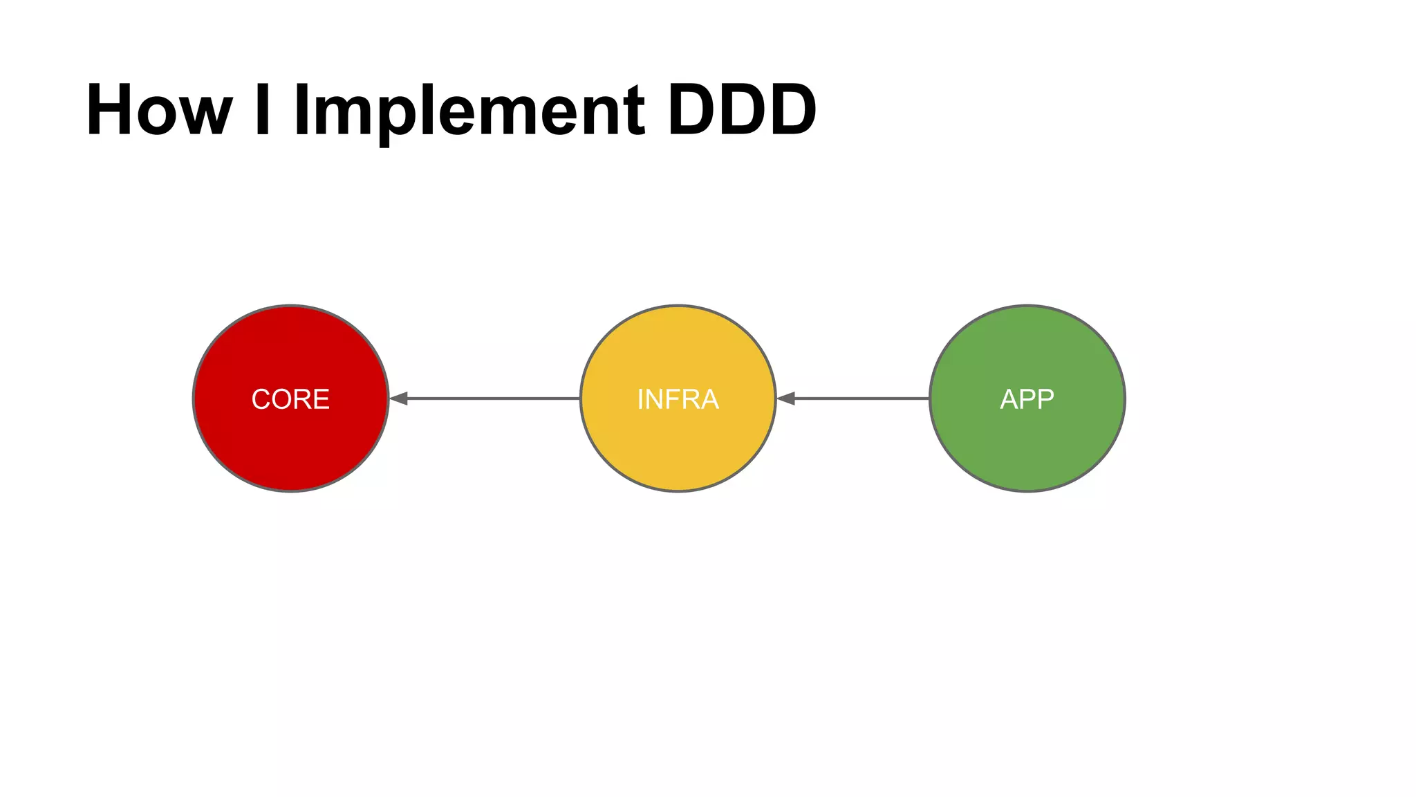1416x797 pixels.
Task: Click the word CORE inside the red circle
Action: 290,399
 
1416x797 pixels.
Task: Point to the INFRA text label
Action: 678,399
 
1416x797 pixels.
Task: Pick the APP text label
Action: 1027,399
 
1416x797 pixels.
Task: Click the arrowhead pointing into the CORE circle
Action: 399,398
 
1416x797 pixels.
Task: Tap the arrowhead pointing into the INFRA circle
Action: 786,398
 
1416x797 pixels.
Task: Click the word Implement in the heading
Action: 469,111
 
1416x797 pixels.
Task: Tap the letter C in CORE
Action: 261,399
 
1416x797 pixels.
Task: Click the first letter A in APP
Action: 1009,399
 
